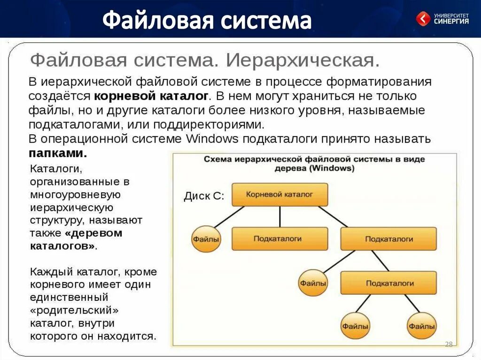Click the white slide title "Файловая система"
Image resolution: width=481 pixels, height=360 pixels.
207,21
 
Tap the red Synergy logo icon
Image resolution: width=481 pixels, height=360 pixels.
423,19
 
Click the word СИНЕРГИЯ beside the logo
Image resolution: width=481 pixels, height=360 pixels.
451,22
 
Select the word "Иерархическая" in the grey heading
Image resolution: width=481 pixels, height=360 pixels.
302,61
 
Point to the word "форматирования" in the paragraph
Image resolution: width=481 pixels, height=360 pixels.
379,82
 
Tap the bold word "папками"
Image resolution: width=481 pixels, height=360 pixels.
57,153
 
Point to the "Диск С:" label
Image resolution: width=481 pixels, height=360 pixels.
204,196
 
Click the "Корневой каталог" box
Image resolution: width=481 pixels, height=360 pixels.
279,194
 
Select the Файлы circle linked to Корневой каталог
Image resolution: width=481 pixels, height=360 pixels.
206,238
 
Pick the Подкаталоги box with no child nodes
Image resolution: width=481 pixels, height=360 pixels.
279,238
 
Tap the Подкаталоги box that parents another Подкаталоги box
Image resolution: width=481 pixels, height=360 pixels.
388,238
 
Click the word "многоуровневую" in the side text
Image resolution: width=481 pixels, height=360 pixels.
76,194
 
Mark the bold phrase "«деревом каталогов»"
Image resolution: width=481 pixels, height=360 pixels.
76,239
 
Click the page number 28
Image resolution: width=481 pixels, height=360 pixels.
448,345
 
